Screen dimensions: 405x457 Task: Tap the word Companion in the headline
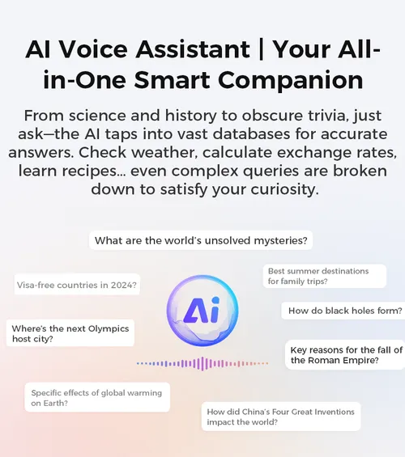pos(290,80)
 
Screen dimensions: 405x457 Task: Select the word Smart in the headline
pos(173,80)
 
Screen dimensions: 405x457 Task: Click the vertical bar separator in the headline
pos(261,49)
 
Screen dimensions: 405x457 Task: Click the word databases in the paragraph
pos(252,134)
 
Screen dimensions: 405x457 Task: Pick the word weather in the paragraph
pos(167,152)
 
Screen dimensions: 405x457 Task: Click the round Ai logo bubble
pos(202,311)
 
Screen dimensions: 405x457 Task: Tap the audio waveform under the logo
pos(202,363)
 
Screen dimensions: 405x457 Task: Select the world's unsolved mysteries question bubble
pos(201,240)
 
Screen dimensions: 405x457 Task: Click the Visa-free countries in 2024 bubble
pos(77,285)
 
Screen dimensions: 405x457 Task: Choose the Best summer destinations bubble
pos(325,276)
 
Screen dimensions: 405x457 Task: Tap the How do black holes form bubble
pos(343,311)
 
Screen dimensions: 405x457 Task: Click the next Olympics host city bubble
pos(70,333)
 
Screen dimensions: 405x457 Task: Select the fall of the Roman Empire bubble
pos(345,355)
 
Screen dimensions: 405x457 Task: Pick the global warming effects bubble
pos(97,397)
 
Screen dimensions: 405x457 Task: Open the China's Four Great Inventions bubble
pos(281,417)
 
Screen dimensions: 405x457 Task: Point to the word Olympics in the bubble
pos(109,329)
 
